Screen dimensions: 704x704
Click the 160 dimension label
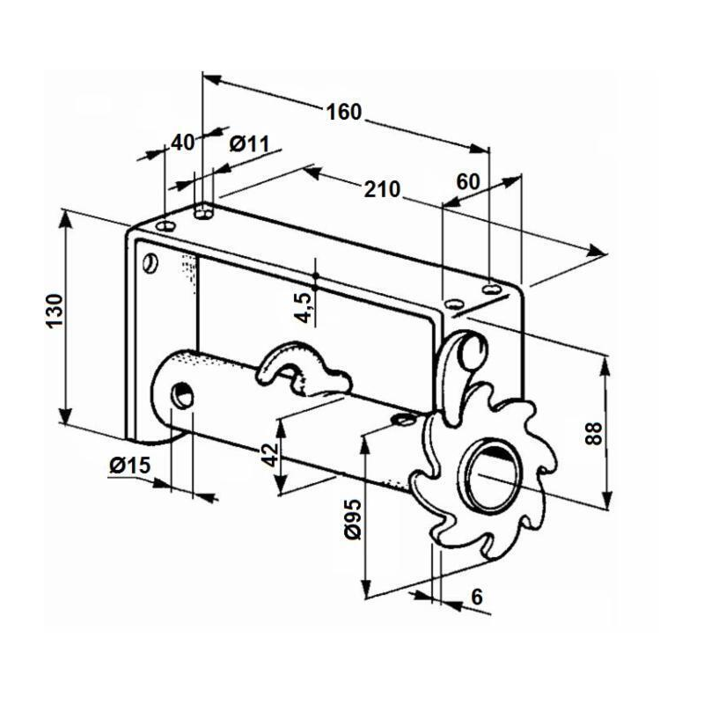tap(344, 112)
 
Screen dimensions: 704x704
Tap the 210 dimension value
tap(383, 188)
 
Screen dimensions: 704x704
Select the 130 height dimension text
tap(55, 312)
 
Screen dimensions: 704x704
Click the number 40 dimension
tap(182, 143)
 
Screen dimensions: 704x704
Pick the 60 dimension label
tap(468, 181)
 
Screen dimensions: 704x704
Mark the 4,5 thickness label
tap(301, 307)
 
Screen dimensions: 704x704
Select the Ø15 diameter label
tap(130, 466)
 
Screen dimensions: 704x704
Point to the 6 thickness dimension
tap(476, 597)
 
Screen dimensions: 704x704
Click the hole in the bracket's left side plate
tap(150, 262)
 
